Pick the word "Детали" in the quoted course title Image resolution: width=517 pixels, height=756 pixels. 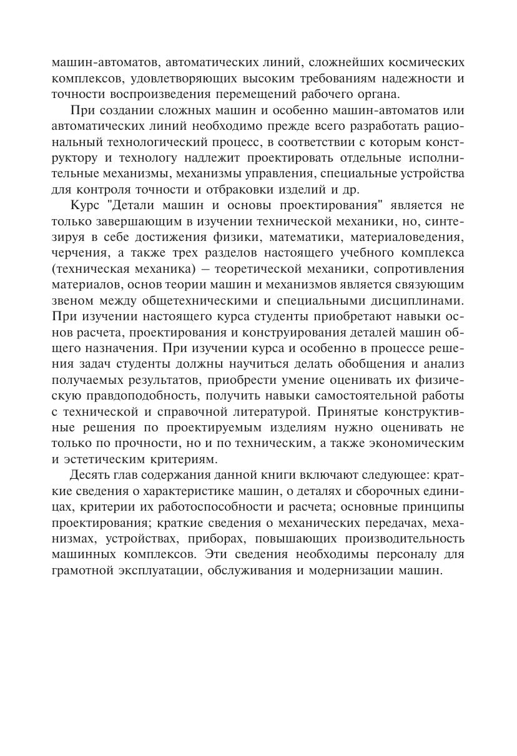click(137, 206)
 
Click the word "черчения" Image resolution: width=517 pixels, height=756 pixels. click(77, 253)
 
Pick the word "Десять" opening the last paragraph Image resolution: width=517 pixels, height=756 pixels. click(94, 474)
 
